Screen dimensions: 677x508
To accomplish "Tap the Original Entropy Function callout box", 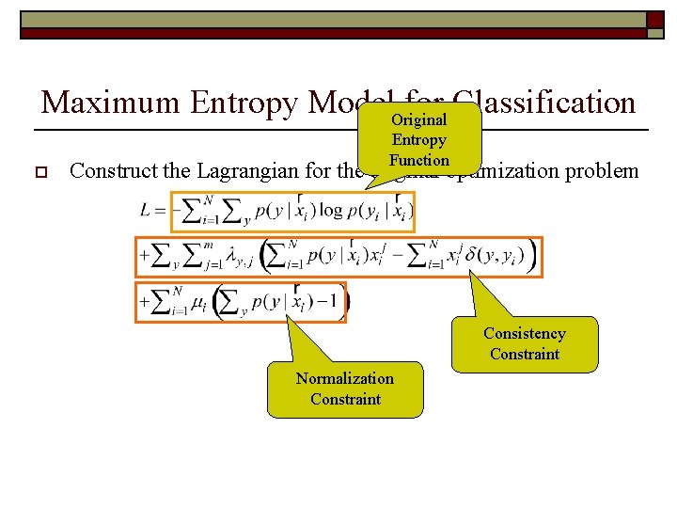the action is (x=419, y=140).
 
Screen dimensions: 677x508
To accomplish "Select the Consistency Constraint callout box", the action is (x=524, y=343).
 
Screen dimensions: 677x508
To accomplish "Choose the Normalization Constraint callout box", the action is (x=345, y=389).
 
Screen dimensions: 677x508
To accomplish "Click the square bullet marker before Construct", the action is (x=40, y=172).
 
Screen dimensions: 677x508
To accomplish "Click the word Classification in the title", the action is (x=543, y=102).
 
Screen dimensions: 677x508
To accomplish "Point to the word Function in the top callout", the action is (x=419, y=160).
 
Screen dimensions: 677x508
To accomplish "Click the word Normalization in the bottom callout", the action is (x=345, y=378).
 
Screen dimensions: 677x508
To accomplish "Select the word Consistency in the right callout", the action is (x=524, y=333).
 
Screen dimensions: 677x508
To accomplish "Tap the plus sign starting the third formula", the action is (x=145, y=303).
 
